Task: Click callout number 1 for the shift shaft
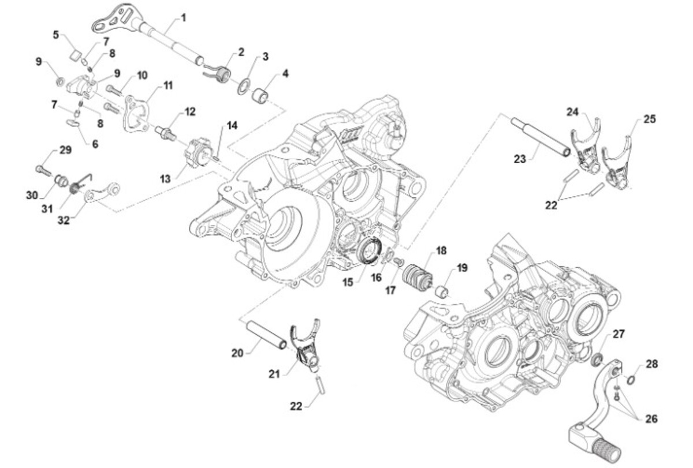[184, 18]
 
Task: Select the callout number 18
[441, 251]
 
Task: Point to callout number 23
[520, 158]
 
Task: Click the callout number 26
[651, 419]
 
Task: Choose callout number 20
[237, 353]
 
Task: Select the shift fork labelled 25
[616, 166]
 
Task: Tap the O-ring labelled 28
[631, 380]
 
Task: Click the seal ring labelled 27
[598, 360]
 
